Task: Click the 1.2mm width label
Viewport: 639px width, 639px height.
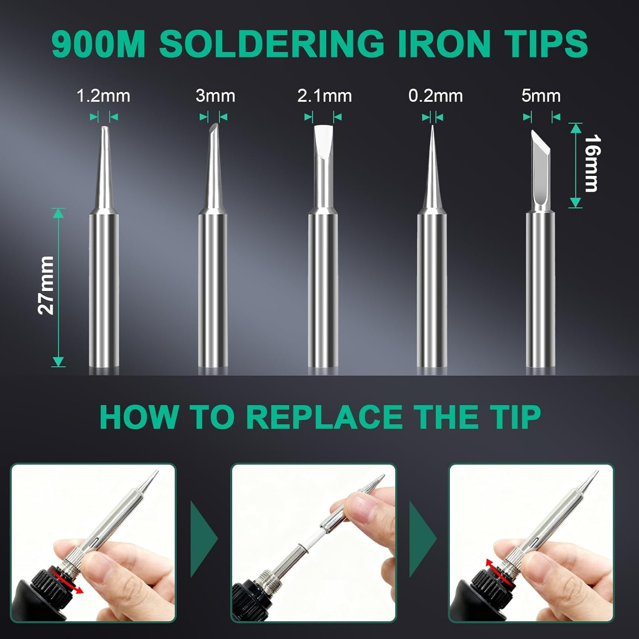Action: (x=103, y=96)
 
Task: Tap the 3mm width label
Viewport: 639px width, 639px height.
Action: (x=215, y=96)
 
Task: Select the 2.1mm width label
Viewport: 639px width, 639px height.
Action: (x=324, y=96)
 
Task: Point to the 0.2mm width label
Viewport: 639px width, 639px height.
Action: (x=435, y=96)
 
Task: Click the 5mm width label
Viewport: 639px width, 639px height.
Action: (x=541, y=96)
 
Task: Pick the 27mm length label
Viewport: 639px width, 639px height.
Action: (x=46, y=285)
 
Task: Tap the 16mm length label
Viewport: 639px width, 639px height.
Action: (x=592, y=164)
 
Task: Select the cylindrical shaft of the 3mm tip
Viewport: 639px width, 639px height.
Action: (x=213, y=290)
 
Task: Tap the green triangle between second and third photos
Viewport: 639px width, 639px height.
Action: (x=422, y=539)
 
